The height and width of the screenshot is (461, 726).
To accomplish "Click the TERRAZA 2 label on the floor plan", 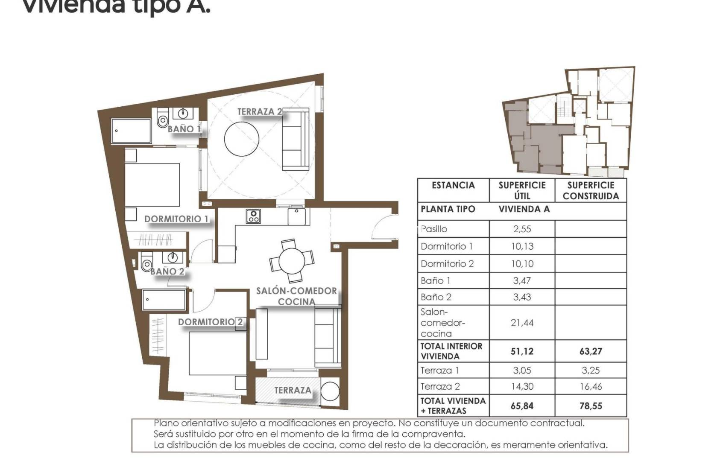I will [259, 112].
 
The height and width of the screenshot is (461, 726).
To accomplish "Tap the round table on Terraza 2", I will [241, 139].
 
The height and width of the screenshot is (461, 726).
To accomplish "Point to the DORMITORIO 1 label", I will [176, 219].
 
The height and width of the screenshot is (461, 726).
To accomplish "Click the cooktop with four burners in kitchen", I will [253, 216].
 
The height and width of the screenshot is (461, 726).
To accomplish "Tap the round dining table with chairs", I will [292, 261].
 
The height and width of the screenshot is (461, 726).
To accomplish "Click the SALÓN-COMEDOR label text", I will [296, 291].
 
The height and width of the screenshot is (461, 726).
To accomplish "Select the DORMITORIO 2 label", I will [210, 322].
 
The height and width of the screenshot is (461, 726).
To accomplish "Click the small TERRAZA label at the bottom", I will [293, 390].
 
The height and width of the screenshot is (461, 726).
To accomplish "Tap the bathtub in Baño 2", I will [164, 300].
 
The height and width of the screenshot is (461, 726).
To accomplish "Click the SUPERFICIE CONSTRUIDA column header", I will [591, 191].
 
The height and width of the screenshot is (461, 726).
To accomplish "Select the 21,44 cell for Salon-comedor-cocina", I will [522, 323].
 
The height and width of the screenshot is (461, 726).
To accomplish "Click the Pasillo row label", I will [434, 229].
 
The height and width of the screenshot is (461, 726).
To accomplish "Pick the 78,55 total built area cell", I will [591, 406].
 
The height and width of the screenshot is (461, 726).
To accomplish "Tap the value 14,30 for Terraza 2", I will [522, 387].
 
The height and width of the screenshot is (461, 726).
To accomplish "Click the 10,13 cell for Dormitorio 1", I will [522, 246].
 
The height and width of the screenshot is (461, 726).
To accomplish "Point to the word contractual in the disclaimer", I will [557, 423].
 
